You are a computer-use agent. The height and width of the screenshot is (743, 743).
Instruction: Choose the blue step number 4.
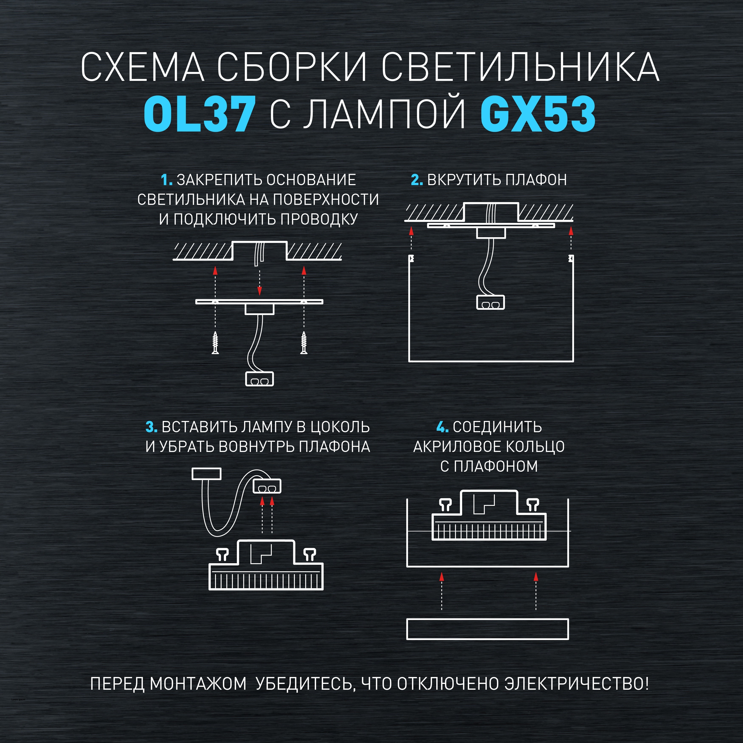click(x=442, y=427)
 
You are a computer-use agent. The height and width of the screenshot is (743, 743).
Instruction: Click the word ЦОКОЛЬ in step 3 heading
click(x=340, y=427)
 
